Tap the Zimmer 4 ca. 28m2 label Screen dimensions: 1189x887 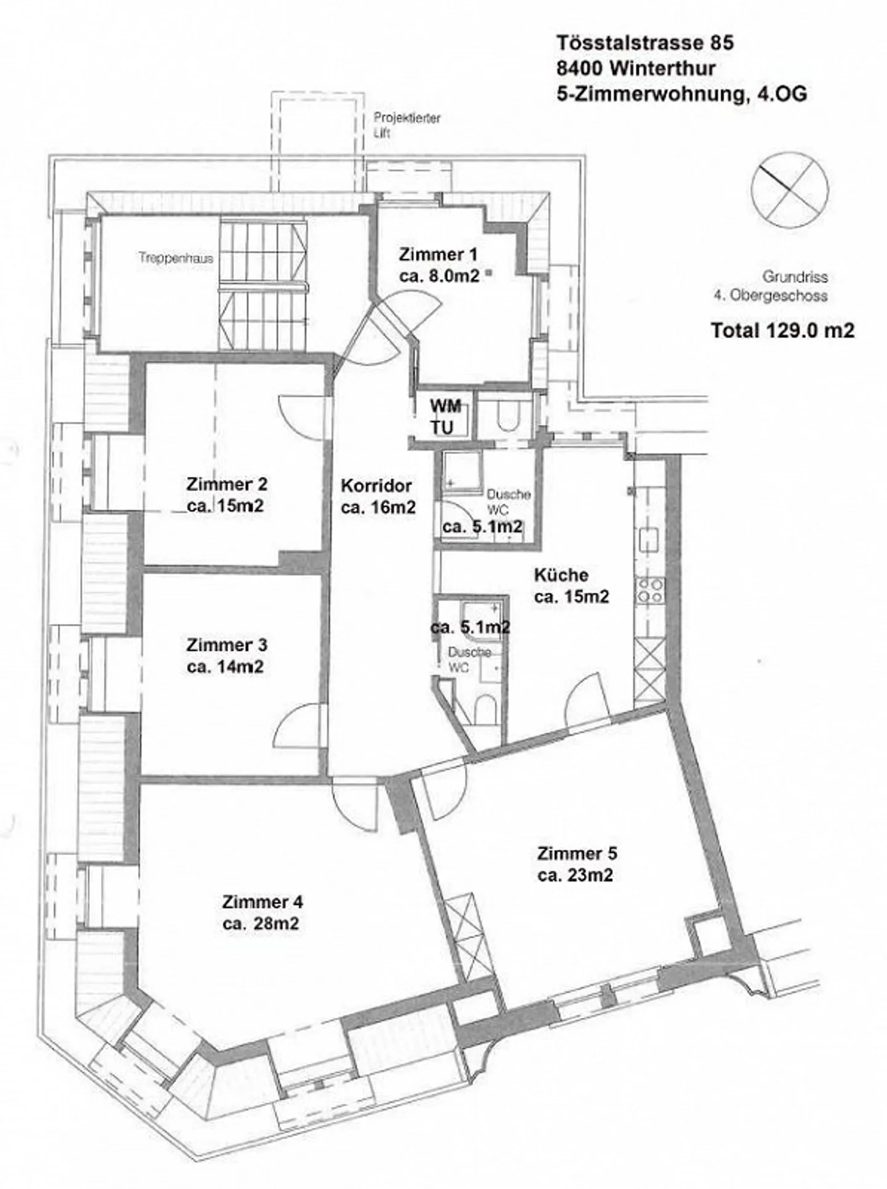[x=262, y=912]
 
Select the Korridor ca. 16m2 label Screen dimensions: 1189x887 [x=377, y=496]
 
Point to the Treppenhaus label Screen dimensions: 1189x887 [x=176, y=259]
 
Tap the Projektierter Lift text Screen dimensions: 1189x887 [x=407, y=125]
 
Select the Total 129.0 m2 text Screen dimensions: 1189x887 [x=782, y=330]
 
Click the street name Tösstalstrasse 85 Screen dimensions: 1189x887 [x=645, y=43]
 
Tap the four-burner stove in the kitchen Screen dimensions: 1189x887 [x=650, y=590]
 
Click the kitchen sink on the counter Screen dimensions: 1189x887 [x=650, y=540]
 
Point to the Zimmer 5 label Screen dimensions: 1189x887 [x=577, y=864]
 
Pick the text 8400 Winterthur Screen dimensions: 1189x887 [x=636, y=68]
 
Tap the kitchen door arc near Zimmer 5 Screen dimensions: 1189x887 [x=582, y=699]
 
